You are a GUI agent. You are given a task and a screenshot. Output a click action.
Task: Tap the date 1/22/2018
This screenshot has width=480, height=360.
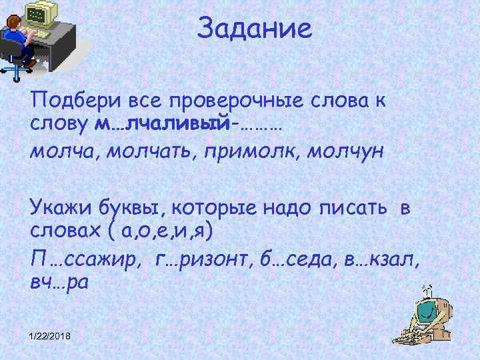[53, 335]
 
